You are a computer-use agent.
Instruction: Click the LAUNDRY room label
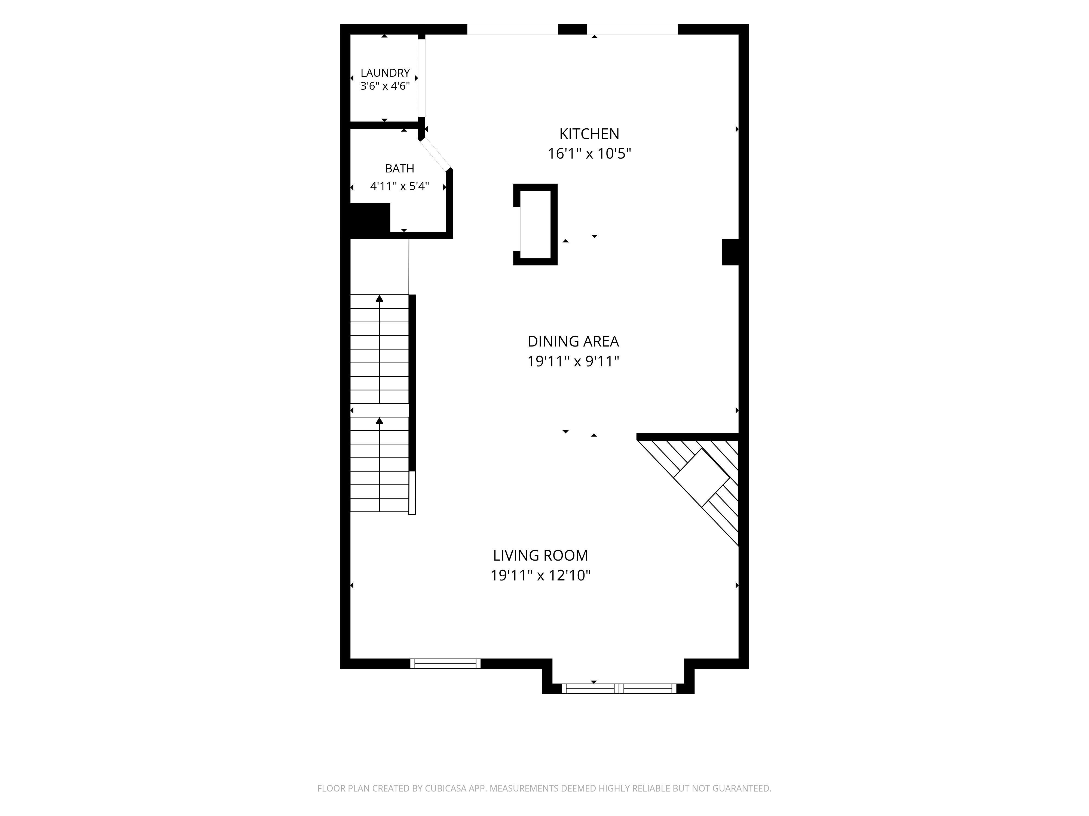tap(385, 73)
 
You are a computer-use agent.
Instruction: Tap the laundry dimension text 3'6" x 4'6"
tap(385, 86)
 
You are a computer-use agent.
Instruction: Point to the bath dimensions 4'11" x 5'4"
tap(399, 186)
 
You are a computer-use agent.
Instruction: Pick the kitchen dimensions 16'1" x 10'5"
tap(589, 153)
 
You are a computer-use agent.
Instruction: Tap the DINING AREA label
tap(573, 341)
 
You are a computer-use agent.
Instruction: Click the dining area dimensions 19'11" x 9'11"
tap(573, 361)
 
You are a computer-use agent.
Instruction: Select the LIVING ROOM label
tap(541, 555)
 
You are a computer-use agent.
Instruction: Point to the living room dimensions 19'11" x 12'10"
tap(541, 576)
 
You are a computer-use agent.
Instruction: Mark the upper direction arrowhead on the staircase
tap(380, 299)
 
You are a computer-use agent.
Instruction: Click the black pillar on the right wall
tap(731, 252)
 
